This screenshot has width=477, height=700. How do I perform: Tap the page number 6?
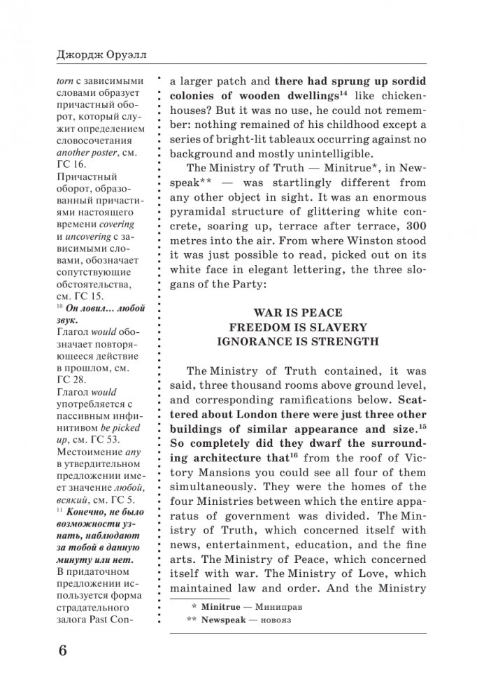(63, 651)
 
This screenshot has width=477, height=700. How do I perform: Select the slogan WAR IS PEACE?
(297, 313)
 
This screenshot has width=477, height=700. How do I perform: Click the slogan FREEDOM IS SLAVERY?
(297, 327)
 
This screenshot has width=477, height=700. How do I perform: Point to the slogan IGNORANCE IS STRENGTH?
(297, 342)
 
